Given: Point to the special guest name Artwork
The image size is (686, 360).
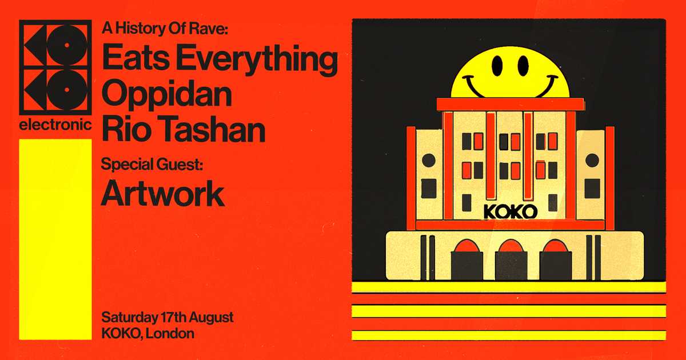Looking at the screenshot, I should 162,194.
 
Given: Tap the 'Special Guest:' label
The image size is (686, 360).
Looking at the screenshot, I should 152,165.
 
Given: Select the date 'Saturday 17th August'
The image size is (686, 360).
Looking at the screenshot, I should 167,318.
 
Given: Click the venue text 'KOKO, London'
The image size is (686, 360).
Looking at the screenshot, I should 147,333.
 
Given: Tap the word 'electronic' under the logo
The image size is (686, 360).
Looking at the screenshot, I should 55,126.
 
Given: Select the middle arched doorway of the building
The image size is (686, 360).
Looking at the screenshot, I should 510,261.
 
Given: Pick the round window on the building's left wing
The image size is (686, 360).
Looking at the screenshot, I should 428,161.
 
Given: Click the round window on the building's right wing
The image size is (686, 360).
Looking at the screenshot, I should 592,160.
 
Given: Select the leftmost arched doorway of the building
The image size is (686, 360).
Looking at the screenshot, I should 466,261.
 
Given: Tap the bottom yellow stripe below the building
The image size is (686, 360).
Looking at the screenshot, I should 508,335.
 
